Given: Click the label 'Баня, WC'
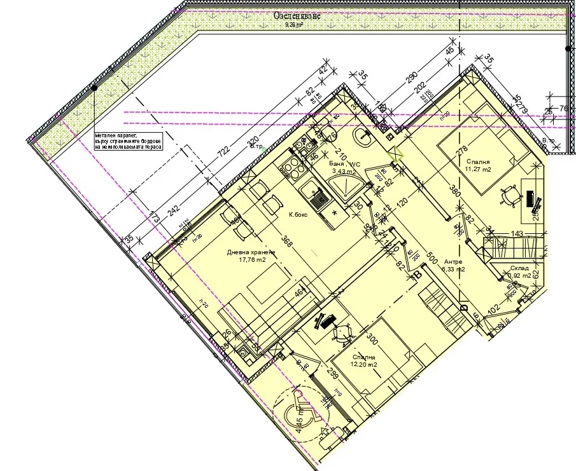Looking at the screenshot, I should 344,164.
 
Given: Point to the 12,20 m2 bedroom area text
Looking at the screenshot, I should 363,365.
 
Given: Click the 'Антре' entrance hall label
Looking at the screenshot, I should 453,261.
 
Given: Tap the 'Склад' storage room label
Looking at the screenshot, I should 519,268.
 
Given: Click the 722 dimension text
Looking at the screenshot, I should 224,153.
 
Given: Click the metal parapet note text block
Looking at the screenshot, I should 128,140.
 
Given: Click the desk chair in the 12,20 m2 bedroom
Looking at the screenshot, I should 344,331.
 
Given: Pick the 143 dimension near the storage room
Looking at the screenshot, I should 517,234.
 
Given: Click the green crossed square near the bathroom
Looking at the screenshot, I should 396,153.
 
